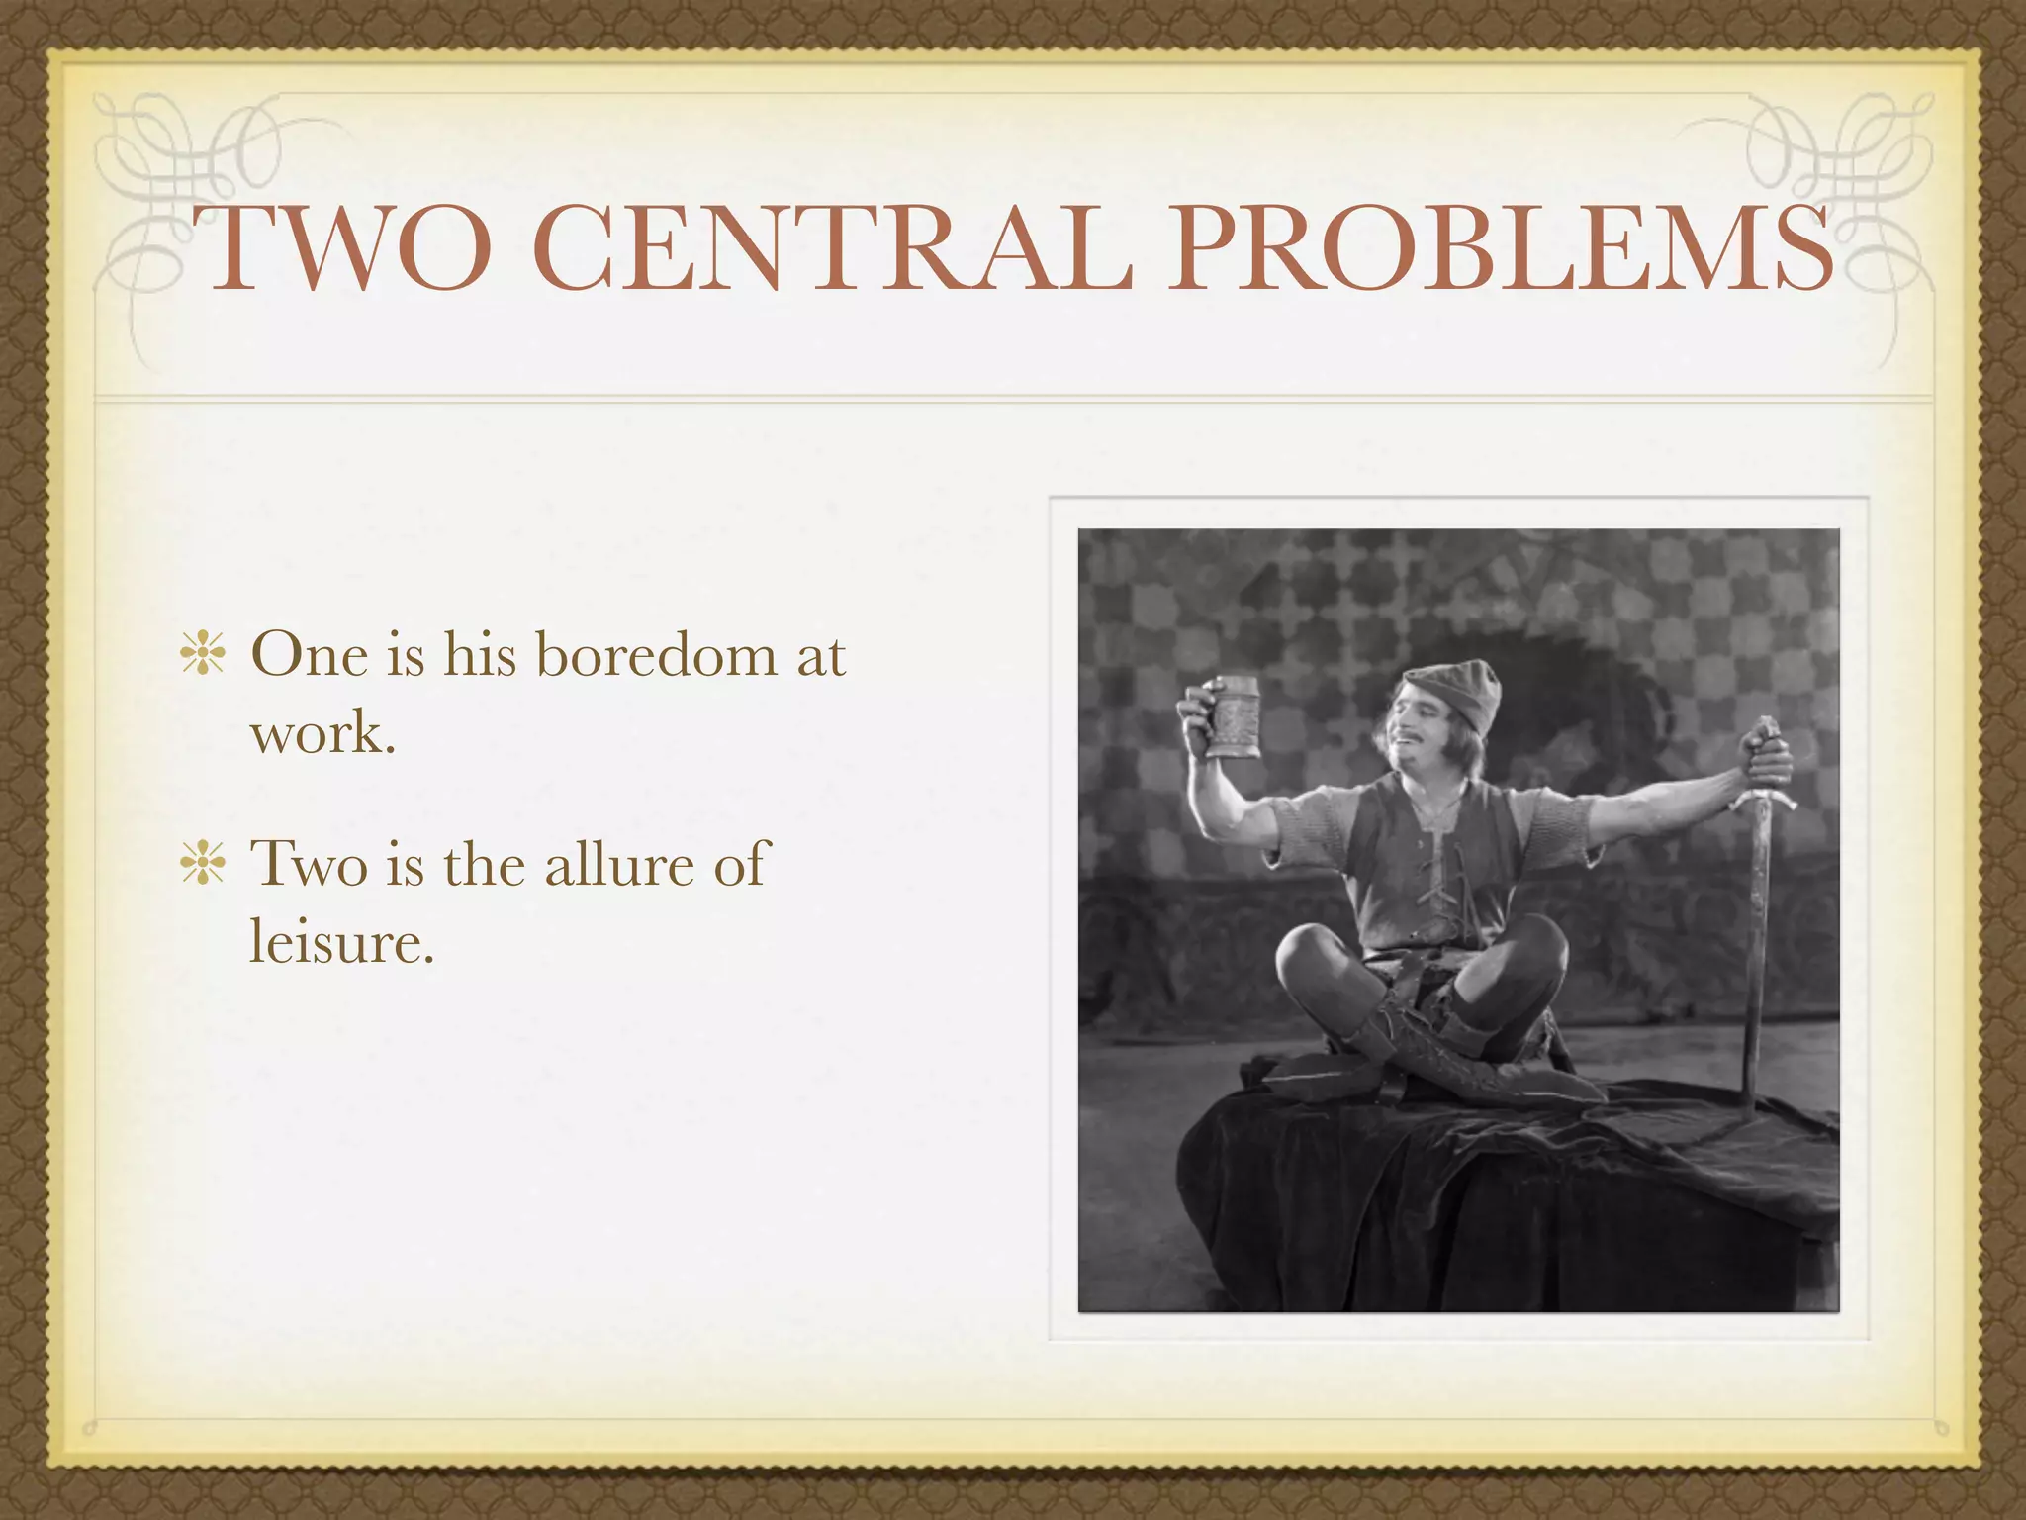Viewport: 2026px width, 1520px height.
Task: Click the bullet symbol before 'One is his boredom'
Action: pyautogui.click(x=203, y=656)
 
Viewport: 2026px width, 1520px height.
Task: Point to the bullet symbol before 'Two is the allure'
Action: pyautogui.click(x=203, y=864)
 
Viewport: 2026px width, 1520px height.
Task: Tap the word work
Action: pyautogui.click(x=322, y=733)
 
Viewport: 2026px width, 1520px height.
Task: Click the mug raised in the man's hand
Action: pyautogui.click(x=1233, y=716)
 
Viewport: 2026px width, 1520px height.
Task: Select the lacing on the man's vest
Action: pyautogui.click(x=1434, y=871)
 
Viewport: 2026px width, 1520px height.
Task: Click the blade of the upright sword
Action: pyautogui.click(x=1756, y=970)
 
